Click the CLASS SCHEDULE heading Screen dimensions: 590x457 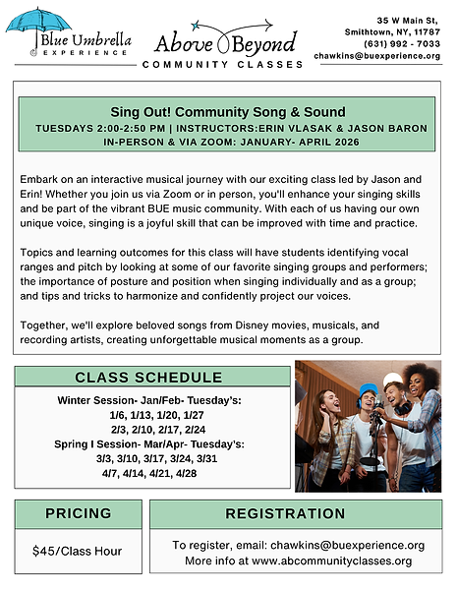click(148, 378)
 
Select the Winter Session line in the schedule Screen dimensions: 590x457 click(148, 401)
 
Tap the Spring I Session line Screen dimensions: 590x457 click(148, 444)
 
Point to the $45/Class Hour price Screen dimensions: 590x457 click(77, 551)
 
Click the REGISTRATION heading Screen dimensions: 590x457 click(298, 513)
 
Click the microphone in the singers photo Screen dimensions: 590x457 click(377, 408)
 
